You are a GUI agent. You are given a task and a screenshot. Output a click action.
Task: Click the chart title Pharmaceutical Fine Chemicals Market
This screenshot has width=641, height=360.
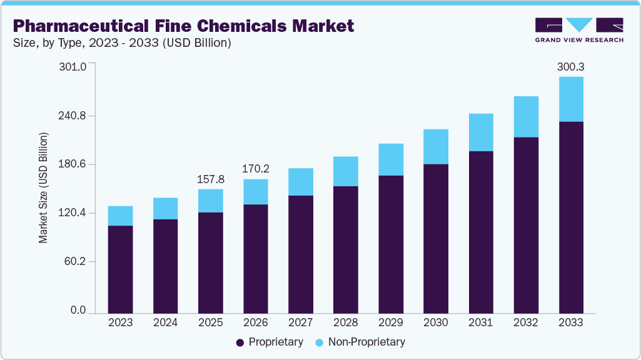pos(183,26)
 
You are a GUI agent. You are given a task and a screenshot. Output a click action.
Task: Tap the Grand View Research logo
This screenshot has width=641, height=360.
pos(579,30)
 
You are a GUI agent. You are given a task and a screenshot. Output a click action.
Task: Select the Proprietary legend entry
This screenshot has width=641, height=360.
pos(270,342)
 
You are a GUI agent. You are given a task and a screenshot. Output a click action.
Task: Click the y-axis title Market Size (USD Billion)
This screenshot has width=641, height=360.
pos(43,187)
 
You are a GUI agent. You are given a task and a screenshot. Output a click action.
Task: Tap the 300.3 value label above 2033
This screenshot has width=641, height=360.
pos(570,66)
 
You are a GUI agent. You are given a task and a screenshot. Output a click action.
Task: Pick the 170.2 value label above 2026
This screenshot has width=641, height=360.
pos(255,168)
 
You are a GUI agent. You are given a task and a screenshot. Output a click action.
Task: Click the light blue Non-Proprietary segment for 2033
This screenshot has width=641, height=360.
pos(570,99)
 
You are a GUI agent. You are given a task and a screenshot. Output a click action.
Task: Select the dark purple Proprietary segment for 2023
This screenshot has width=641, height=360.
pos(120,269)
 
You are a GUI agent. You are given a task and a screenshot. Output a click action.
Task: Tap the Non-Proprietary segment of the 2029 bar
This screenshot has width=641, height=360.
pos(390,159)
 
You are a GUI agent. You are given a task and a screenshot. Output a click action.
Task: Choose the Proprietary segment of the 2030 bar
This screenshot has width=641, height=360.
pos(435,238)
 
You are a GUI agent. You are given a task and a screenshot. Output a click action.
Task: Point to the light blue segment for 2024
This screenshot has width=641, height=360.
pos(165,208)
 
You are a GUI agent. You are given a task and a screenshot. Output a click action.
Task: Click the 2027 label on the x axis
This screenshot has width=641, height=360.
pos(300,323)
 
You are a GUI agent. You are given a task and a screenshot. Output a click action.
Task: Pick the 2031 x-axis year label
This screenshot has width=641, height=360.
pos(480,323)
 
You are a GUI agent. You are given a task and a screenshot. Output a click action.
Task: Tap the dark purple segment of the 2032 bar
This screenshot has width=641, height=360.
pos(525,225)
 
